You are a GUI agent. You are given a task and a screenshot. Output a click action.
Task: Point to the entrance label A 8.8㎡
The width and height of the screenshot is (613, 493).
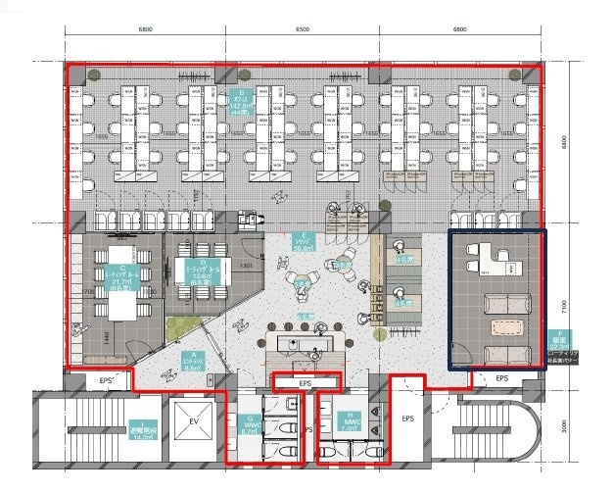coord(189,360)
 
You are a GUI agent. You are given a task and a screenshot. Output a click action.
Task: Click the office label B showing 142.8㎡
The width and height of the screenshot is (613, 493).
coord(241,101)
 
